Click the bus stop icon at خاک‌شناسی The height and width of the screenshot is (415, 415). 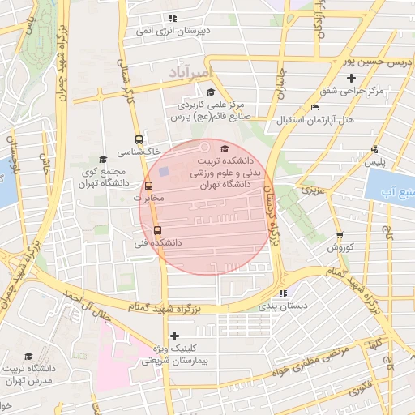click(x=139, y=139)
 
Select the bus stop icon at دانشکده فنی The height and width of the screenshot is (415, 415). click(x=157, y=229)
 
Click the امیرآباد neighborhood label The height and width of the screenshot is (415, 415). click(x=190, y=73)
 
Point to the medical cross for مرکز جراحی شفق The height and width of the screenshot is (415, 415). click(x=351, y=79)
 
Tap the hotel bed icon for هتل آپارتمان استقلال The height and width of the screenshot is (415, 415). click(x=314, y=108)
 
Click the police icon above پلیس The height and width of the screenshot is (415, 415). click(x=374, y=149)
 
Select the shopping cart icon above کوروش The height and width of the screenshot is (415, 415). click(x=340, y=235)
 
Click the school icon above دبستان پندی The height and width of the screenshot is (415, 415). click(x=282, y=293)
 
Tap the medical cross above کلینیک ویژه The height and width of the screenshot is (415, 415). click(x=174, y=335)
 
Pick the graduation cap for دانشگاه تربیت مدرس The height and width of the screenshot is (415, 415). click(x=28, y=357)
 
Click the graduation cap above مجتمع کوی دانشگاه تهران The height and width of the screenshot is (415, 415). click(x=102, y=159)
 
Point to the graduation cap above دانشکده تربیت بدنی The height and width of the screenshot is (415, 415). click(x=224, y=148)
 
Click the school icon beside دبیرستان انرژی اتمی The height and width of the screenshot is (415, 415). click(x=172, y=18)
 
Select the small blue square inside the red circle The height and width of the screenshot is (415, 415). click(x=164, y=172)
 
